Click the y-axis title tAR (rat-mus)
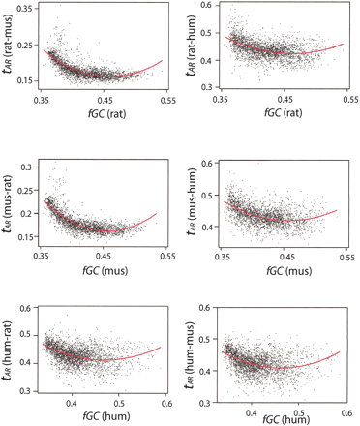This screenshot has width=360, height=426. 11,48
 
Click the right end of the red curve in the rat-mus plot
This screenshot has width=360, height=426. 162,60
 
